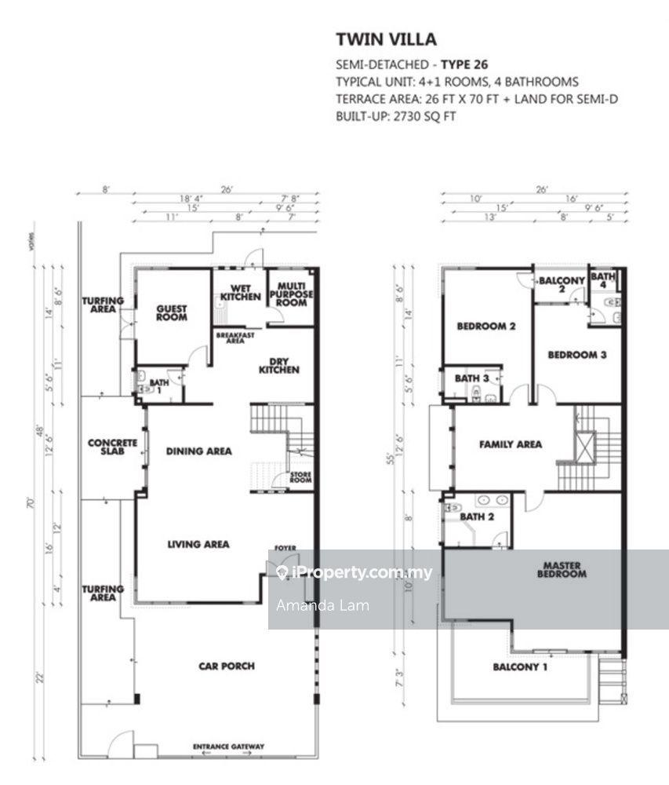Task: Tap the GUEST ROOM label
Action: point(171,312)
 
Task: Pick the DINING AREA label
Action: point(198,451)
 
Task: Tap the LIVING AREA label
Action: point(198,543)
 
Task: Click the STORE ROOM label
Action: point(301,477)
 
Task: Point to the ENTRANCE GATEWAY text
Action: point(229,747)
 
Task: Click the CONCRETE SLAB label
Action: point(112,447)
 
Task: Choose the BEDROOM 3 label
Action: point(576,354)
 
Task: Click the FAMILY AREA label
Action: point(511,444)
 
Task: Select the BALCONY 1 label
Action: point(520,667)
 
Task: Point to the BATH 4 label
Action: point(603,280)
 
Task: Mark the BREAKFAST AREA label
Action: point(231,338)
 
